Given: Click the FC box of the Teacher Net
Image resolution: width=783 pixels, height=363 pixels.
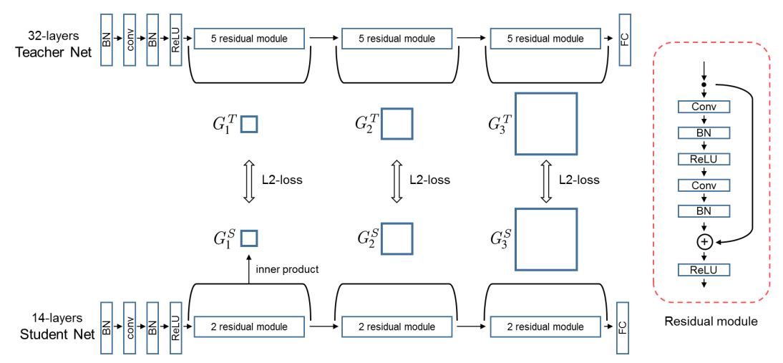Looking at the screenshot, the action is pos(625,41).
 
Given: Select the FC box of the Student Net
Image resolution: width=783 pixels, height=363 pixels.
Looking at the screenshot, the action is pos(623,327).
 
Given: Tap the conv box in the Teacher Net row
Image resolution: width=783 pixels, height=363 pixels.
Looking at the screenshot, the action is pos(130,41).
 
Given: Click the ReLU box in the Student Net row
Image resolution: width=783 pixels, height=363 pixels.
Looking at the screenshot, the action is pos(176,327).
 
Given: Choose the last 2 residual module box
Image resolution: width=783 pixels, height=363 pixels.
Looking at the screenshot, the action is pos(545,327).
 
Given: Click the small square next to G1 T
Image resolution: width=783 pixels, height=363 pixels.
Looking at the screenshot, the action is pos(248,124).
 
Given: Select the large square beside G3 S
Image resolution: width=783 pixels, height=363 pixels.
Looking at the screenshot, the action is pos(546,238).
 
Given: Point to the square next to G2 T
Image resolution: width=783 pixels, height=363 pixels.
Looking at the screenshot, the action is pos(397,123).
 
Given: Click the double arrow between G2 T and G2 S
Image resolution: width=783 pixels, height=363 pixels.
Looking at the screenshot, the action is pos(397,181).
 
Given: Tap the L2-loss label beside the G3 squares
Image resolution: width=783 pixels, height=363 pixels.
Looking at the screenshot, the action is pos(579,180).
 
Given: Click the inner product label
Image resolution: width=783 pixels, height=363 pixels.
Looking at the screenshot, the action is pos(286,270).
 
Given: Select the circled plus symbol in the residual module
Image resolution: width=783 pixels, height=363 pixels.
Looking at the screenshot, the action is pos(704,242).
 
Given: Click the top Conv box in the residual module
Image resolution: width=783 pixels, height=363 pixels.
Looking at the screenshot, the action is pos(704,107).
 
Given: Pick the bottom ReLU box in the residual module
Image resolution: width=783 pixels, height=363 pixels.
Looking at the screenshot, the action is pos(704,270).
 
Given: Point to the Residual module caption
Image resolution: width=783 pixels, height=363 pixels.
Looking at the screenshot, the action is pos(711,322).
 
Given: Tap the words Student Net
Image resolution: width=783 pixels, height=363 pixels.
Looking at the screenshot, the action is pos(57,334).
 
